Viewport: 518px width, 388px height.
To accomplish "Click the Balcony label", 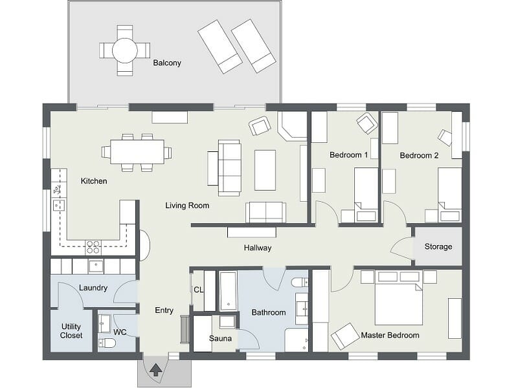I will tap(167, 63).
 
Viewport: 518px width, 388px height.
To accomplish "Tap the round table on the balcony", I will tap(124, 50).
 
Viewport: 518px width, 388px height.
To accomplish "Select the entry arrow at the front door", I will tap(155, 370).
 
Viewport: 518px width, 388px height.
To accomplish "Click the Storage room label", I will tap(438, 246).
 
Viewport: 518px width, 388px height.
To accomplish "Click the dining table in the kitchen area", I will tap(137, 152).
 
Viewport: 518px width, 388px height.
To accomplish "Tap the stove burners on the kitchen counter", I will tap(93, 246).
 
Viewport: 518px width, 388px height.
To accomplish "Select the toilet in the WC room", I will tap(107, 342).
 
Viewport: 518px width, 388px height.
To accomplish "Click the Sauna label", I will tap(220, 338).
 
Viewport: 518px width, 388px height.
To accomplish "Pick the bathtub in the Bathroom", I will tap(229, 291).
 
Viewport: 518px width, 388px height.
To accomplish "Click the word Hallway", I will tap(257, 248).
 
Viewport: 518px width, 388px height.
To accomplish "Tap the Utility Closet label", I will tap(71, 331).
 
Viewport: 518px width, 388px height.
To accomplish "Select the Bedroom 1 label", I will tap(348, 155).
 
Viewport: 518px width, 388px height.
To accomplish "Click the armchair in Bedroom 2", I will tap(445, 137).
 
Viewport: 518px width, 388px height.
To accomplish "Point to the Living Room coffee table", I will tap(265, 170).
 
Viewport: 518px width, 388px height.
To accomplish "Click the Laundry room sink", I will tap(96, 266).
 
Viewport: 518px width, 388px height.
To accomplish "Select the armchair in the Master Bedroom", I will tap(345, 336).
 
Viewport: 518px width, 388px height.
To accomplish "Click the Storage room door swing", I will tap(403, 250).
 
